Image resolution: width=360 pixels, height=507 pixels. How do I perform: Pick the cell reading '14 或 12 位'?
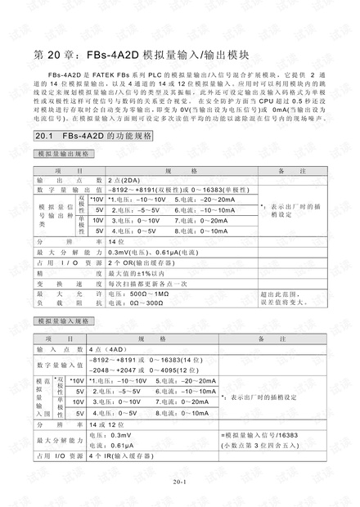click(106, 425)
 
